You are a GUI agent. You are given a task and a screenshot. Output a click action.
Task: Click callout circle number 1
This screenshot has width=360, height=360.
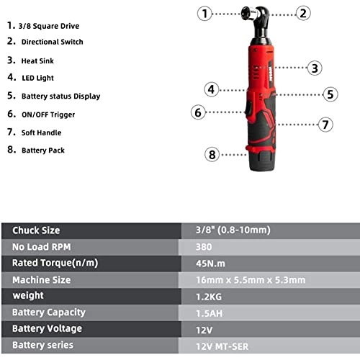pyautogui.click(x=205, y=13)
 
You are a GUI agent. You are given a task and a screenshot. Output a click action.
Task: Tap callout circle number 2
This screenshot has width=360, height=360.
pyautogui.click(x=303, y=13)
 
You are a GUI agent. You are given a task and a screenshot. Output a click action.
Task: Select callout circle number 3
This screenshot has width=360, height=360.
pyautogui.click(x=314, y=68)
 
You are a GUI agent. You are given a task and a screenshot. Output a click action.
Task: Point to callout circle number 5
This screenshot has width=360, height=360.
pyautogui.click(x=330, y=94)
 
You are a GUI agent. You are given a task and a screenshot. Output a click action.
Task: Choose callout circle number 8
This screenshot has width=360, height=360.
pyautogui.click(x=212, y=153)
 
